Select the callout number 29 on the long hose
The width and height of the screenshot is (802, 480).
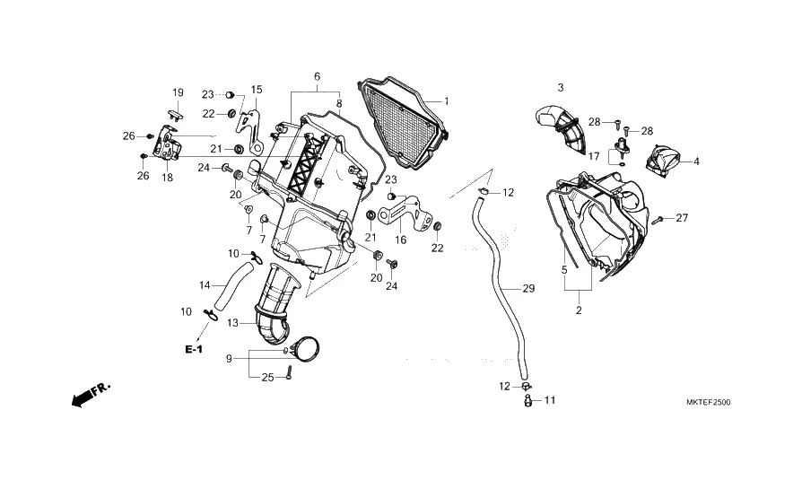coord(527,289)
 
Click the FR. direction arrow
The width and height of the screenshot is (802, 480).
coord(90,393)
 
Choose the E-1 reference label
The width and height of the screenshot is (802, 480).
coord(194,348)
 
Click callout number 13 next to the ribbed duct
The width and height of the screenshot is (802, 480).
coord(233,322)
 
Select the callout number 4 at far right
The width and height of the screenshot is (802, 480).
coord(696,161)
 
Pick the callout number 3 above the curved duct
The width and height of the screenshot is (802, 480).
coord(561,87)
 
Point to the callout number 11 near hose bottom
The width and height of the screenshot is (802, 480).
coord(550,400)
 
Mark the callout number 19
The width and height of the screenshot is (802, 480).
coord(178,92)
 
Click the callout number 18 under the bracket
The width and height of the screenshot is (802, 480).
coord(167,178)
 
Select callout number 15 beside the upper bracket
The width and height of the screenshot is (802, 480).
coord(257,90)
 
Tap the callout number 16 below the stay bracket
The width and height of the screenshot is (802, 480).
coord(400,240)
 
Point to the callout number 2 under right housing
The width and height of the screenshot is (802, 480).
coord(579,310)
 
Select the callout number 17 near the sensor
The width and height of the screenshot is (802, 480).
coord(593,156)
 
